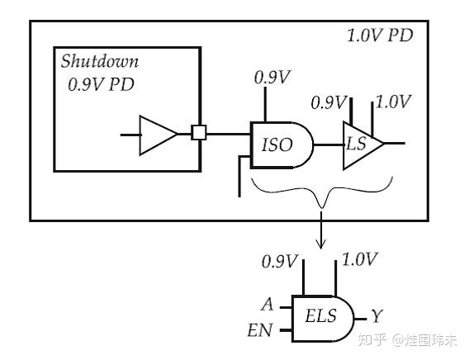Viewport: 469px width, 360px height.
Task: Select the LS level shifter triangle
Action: point(360,144)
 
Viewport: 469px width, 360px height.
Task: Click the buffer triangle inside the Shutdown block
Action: point(157,134)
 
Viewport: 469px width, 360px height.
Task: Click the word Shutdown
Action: point(100,62)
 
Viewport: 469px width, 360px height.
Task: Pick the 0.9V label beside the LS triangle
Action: point(327,102)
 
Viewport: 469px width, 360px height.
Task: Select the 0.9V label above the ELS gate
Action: point(278,262)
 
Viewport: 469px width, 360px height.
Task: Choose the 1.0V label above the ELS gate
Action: point(359,260)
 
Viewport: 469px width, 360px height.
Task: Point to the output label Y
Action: point(377,316)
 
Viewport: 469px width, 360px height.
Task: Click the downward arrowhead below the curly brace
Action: point(321,244)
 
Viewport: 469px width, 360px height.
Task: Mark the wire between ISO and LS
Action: point(329,144)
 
